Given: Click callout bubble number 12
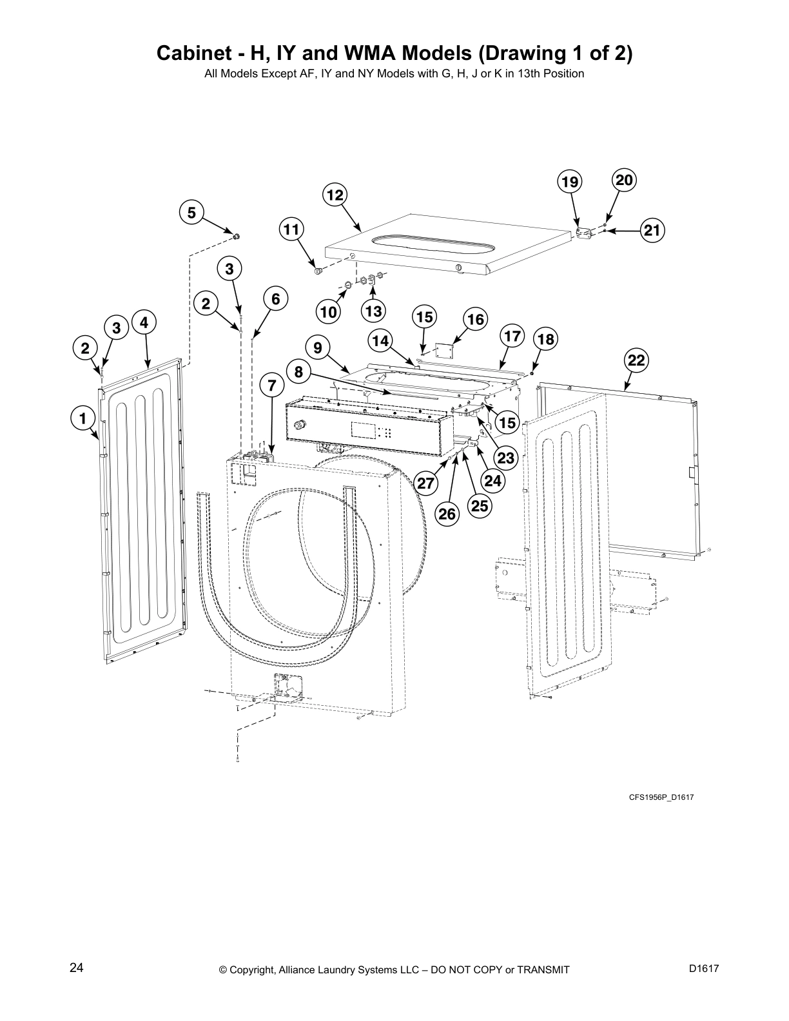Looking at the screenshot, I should point(335,195).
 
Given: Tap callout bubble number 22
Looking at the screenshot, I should point(636,360).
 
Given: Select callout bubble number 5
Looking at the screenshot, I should point(191,213).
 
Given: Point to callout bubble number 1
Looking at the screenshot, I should point(83,419).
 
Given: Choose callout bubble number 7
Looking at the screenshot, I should point(272,386).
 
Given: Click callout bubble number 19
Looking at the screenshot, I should point(570,182).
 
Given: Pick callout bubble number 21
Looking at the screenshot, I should point(652,230).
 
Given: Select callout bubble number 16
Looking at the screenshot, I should point(475,319).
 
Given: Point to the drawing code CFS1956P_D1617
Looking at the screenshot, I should point(661,797).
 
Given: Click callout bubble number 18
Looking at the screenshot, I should point(545,339).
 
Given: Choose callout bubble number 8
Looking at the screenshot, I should point(298,372).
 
